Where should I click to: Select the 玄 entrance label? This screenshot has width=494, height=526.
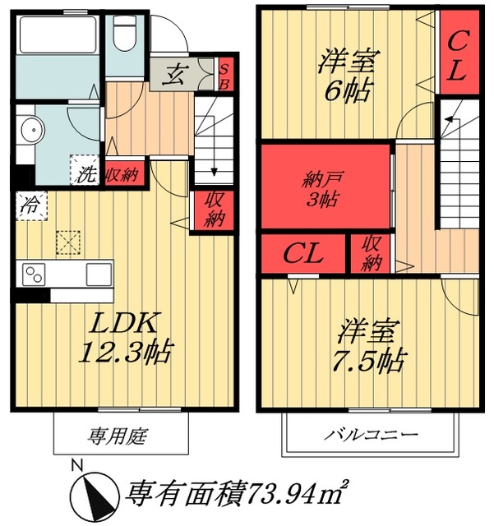pyautogui.click(x=175, y=76)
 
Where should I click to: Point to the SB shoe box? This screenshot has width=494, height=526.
pyautogui.click(x=224, y=76)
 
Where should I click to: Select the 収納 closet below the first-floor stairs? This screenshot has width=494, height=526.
pyautogui.click(x=215, y=209)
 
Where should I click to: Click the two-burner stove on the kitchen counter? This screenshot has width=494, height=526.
pyautogui.click(x=35, y=273)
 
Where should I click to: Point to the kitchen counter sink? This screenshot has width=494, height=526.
pyautogui.click(x=97, y=273)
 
